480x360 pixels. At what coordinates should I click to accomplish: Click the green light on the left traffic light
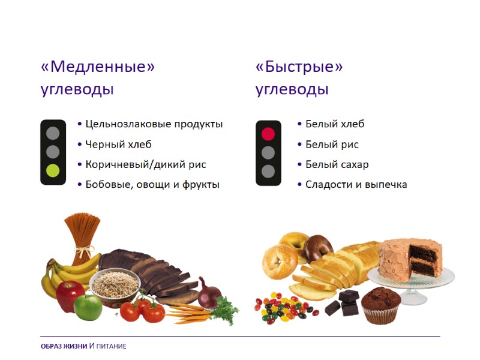53,171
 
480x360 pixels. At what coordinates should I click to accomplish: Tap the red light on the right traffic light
268,133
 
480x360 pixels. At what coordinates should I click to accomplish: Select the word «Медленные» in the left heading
98,67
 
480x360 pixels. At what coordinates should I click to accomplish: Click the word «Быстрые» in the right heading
299,67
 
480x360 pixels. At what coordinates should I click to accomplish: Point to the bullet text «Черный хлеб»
118,145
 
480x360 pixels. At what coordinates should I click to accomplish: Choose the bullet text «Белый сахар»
337,164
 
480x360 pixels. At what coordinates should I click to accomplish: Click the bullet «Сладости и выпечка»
356,184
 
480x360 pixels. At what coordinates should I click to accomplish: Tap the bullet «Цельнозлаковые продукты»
154,124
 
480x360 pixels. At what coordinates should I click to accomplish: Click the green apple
88,307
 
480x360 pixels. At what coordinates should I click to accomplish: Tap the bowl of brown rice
115,285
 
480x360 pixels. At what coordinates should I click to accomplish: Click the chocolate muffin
381,305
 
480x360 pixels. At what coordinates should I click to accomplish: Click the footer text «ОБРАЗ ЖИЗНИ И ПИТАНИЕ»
83,346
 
